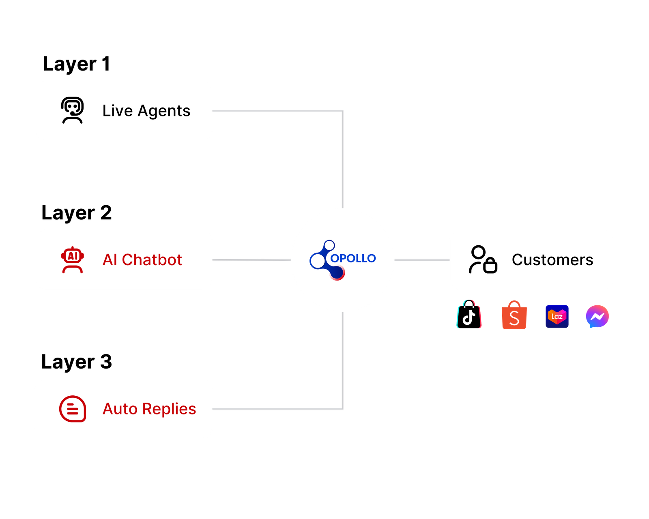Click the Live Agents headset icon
[x=72, y=110]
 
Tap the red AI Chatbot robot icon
[x=73, y=259]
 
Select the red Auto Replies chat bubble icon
[x=73, y=409]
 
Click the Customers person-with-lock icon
[x=483, y=259]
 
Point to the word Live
[x=117, y=111]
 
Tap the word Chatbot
[x=152, y=260]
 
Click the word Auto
[x=120, y=409]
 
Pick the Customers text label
[x=552, y=260]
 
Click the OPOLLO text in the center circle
[x=353, y=258]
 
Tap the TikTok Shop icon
[x=469, y=315]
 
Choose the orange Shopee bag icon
[x=514, y=315]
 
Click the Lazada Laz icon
[x=557, y=316]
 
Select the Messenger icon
[x=597, y=316]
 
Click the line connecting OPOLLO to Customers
[x=422, y=259]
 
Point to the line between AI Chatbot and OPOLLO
[x=251, y=259]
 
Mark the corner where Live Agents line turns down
[x=343, y=111]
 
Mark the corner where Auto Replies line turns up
[x=343, y=409]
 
